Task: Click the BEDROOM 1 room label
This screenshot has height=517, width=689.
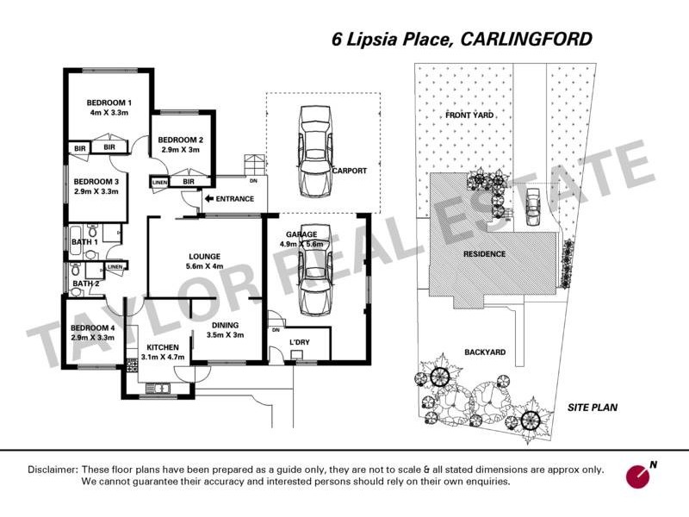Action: pyautogui.click(x=109, y=103)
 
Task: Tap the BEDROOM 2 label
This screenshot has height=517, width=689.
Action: pyautogui.click(x=181, y=140)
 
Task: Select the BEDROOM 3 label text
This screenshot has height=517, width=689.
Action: pyautogui.click(x=96, y=182)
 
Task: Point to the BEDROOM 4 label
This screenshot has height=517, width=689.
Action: pyautogui.click(x=93, y=328)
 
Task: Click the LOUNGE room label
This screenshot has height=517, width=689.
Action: pyautogui.click(x=205, y=256)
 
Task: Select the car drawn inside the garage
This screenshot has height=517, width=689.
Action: pyautogui.click(x=313, y=279)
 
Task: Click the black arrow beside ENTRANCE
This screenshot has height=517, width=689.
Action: pyautogui.click(x=208, y=199)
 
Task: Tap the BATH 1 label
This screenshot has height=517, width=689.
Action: pyautogui.click(x=84, y=242)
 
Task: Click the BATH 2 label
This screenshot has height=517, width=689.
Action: pyautogui.click(x=84, y=283)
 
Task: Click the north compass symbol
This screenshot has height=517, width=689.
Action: pyautogui.click(x=641, y=475)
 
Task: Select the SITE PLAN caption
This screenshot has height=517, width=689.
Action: pyautogui.click(x=593, y=408)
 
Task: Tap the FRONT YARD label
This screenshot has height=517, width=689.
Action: pyautogui.click(x=469, y=115)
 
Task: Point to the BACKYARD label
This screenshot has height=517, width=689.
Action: pyautogui.click(x=484, y=352)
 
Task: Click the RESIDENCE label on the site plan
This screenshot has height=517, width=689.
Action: pyautogui.click(x=484, y=254)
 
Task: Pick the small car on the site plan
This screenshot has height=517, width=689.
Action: pyautogui.click(x=533, y=203)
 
